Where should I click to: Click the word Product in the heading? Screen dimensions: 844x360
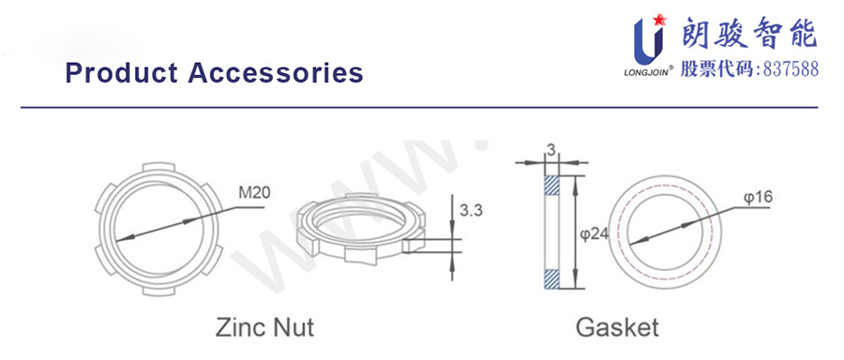click(121, 72)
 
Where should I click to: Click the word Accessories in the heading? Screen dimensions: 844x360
click(276, 72)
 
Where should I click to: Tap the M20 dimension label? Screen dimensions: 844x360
click(254, 192)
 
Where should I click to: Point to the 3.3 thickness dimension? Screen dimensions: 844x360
click(471, 210)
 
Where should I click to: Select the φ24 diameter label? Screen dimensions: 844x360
click(595, 234)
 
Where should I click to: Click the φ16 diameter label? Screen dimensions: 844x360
click(759, 198)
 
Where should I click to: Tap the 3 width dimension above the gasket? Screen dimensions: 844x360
click(550, 152)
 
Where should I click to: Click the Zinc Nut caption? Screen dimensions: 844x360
click(264, 326)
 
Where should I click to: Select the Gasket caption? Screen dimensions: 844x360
click(617, 326)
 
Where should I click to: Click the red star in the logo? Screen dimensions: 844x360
click(660, 21)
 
